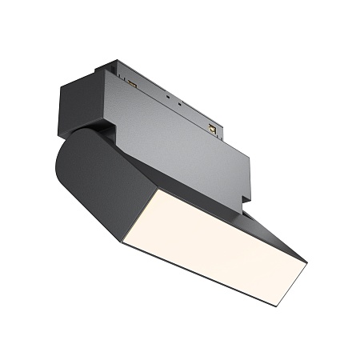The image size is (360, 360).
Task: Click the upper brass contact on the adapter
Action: [131, 82]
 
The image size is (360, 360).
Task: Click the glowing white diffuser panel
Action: [216, 240]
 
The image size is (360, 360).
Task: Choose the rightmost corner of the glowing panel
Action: [307, 263]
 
